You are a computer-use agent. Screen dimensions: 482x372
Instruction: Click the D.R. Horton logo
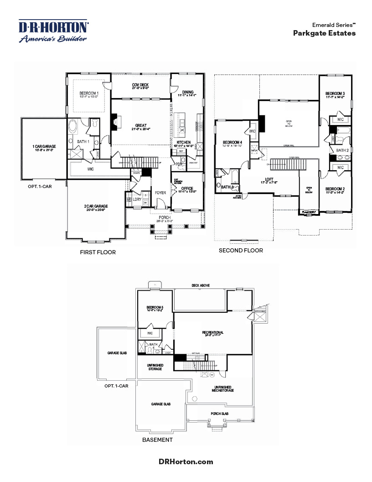[x=53, y=31]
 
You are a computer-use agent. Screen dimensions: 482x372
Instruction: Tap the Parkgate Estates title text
[x=324, y=33]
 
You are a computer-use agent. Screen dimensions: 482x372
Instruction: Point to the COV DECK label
[x=140, y=85]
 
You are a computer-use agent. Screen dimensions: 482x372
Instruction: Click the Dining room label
[x=188, y=91]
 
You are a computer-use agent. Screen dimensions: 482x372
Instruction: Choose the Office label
[x=187, y=189]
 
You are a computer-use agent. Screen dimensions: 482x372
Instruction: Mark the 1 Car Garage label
[x=44, y=147]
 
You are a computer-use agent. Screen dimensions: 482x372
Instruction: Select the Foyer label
[x=160, y=193]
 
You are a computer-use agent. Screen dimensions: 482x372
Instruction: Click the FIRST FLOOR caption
[x=98, y=252]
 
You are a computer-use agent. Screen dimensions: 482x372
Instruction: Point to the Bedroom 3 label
[x=335, y=94]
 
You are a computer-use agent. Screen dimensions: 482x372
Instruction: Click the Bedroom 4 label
[x=232, y=143]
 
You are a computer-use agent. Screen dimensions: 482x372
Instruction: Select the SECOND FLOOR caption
[x=241, y=251]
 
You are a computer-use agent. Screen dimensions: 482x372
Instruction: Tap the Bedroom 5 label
[x=155, y=308]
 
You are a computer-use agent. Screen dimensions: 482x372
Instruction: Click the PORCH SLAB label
[x=220, y=414]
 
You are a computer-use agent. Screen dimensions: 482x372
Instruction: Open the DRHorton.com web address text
[x=186, y=461]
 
